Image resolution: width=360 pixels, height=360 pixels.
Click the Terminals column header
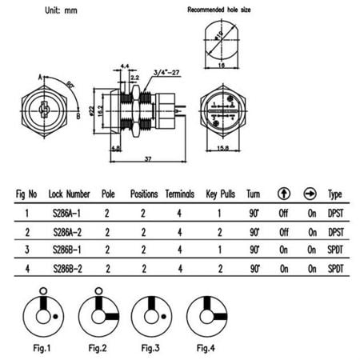[x=180, y=194]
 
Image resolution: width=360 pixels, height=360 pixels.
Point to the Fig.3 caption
[x=152, y=348]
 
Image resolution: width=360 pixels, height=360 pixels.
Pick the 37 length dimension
[x=150, y=159]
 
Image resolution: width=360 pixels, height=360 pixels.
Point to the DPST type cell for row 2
[x=334, y=231]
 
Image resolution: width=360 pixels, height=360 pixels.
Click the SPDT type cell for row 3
[x=334, y=250]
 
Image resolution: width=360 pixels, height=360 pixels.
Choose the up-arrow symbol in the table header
[x=283, y=194]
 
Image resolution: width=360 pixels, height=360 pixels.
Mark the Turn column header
[x=254, y=194]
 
